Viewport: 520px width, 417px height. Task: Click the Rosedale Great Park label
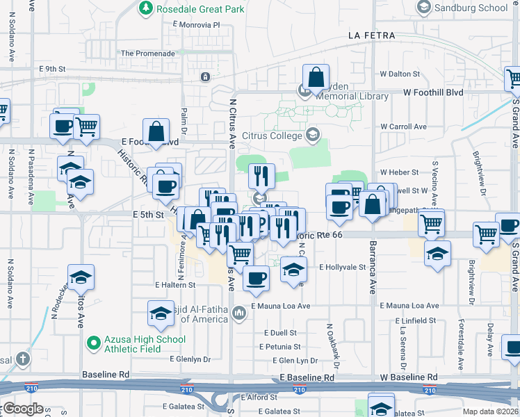click(192, 8)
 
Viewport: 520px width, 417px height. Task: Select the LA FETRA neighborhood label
click(372, 35)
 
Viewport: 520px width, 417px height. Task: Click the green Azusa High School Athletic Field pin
click(92, 343)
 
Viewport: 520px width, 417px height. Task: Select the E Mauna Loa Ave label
click(281, 306)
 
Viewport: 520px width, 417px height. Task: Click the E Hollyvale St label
click(342, 267)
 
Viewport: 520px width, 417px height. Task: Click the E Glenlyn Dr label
click(190, 359)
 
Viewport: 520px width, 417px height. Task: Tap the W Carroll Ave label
click(403, 126)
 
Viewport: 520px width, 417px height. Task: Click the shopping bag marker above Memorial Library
click(316, 77)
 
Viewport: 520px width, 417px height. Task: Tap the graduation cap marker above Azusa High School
click(161, 313)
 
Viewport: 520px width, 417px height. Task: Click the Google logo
click(23, 409)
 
